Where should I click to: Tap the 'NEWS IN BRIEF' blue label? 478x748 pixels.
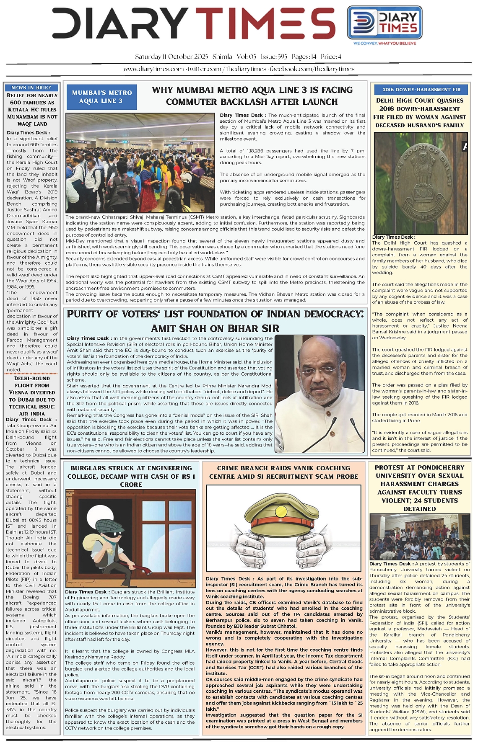31,88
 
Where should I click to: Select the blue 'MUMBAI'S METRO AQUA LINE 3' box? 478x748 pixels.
101,97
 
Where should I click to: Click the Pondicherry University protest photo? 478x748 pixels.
419,537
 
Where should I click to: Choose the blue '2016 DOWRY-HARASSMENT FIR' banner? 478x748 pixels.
421,90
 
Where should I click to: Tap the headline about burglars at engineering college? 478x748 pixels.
131,476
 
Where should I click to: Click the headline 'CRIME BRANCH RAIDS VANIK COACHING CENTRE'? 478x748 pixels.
283,472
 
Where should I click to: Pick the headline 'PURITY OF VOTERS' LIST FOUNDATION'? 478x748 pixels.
215,321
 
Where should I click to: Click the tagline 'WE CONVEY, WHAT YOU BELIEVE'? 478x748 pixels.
384,43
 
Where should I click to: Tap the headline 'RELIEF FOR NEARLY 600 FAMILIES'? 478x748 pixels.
32,110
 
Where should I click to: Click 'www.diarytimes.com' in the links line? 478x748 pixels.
153,69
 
